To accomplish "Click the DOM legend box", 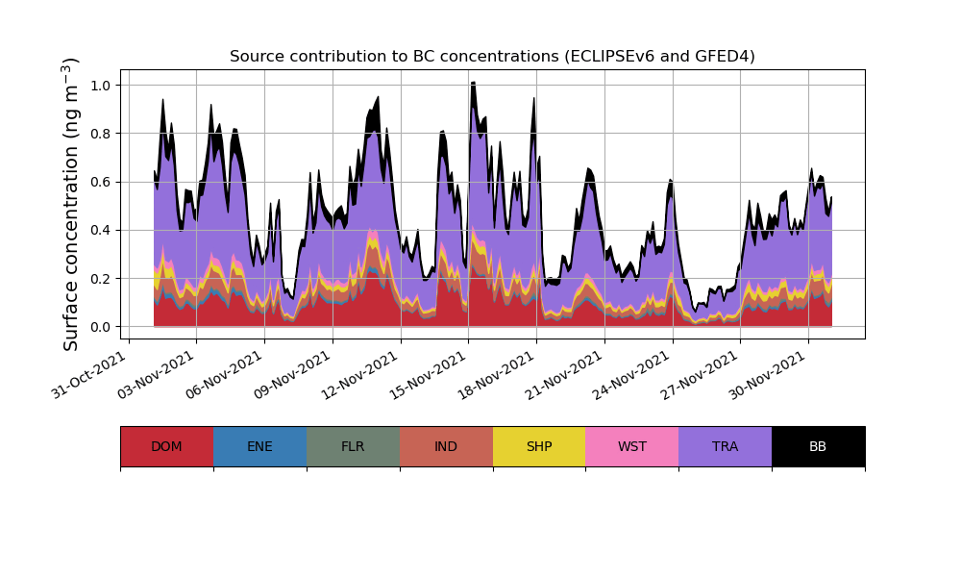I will (166, 446).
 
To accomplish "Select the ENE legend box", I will (259, 446).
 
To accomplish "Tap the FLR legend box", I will (353, 446).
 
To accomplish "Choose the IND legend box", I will (446, 446).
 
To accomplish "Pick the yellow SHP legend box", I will (539, 446).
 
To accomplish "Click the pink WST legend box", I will (632, 446).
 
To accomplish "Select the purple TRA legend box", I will (726, 446).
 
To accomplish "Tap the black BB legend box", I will (818, 446).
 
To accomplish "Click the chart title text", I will (492, 57).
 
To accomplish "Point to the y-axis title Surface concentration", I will (71, 204).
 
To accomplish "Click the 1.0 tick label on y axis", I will (99, 86).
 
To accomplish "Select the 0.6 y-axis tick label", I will (99, 182).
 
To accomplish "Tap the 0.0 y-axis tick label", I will (99, 327).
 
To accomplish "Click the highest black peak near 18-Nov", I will (473, 84).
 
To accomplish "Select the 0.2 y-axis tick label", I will (99, 279).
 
